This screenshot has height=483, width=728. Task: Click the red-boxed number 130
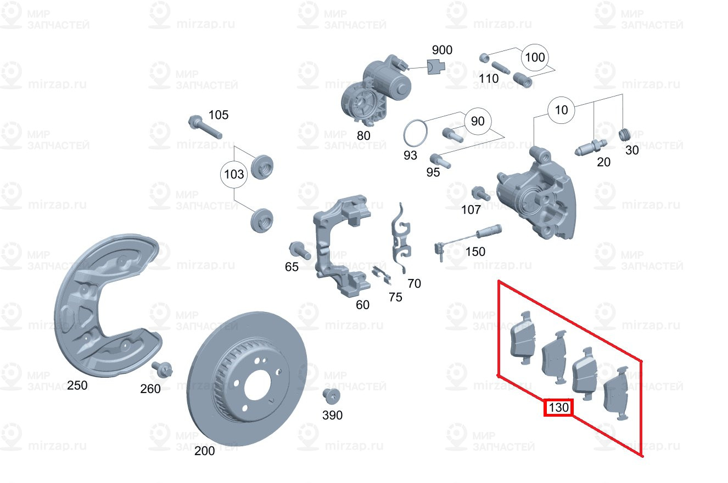[558, 408]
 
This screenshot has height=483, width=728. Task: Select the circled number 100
[535, 58]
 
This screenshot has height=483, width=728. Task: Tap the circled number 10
[561, 110]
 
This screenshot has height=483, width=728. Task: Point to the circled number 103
[234, 175]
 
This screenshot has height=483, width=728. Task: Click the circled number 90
[478, 121]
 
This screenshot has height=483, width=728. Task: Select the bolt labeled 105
[204, 127]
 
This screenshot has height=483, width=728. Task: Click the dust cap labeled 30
[624, 134]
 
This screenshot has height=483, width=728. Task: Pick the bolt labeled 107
[480, 194]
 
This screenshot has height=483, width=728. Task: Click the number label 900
[441, 50]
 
